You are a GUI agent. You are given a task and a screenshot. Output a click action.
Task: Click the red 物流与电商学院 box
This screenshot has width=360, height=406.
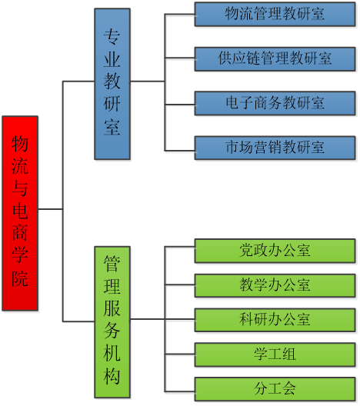pos(20,213)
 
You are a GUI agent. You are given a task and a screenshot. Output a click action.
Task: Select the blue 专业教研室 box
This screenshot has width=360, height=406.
pos(112,84)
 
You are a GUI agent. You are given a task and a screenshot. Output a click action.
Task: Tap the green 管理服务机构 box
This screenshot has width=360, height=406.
pos(112,322)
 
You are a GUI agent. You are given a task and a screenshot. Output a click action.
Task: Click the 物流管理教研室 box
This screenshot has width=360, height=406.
pos(275,15)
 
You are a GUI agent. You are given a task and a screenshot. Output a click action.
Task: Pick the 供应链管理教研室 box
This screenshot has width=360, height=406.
pos(275,59)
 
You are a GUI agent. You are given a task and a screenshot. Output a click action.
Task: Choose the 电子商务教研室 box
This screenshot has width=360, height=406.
pos(275,103)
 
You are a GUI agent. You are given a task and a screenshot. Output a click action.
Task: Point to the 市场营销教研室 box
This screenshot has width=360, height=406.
pos(275,148)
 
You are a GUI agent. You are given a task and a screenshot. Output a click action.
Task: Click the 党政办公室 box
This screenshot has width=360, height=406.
pos(275,251)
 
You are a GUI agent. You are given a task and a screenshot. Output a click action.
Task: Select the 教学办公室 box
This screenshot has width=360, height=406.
pos(275,285)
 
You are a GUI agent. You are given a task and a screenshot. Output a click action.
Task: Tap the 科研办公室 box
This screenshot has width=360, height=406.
pos(275,320)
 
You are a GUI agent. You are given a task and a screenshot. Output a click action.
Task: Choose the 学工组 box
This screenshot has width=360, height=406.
pos(275,354)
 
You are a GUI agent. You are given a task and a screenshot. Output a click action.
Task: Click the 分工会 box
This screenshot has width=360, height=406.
pos(275,389)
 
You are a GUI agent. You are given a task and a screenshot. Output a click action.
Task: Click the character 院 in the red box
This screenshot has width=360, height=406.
pos(20,279)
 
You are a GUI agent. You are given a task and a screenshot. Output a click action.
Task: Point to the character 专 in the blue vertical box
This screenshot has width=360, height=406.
pos(112,36)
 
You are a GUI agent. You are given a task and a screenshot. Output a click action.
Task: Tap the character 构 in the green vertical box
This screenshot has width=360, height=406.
pos(112,376)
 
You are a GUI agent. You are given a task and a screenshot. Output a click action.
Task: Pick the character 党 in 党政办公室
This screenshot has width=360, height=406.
pos(246,251)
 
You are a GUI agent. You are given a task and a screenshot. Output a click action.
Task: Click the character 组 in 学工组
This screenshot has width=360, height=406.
pos(289,354)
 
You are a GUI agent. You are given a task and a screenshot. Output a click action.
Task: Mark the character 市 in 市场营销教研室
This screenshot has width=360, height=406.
pos(232,147)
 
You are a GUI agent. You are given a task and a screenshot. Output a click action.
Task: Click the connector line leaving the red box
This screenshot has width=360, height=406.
pos(51,208)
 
